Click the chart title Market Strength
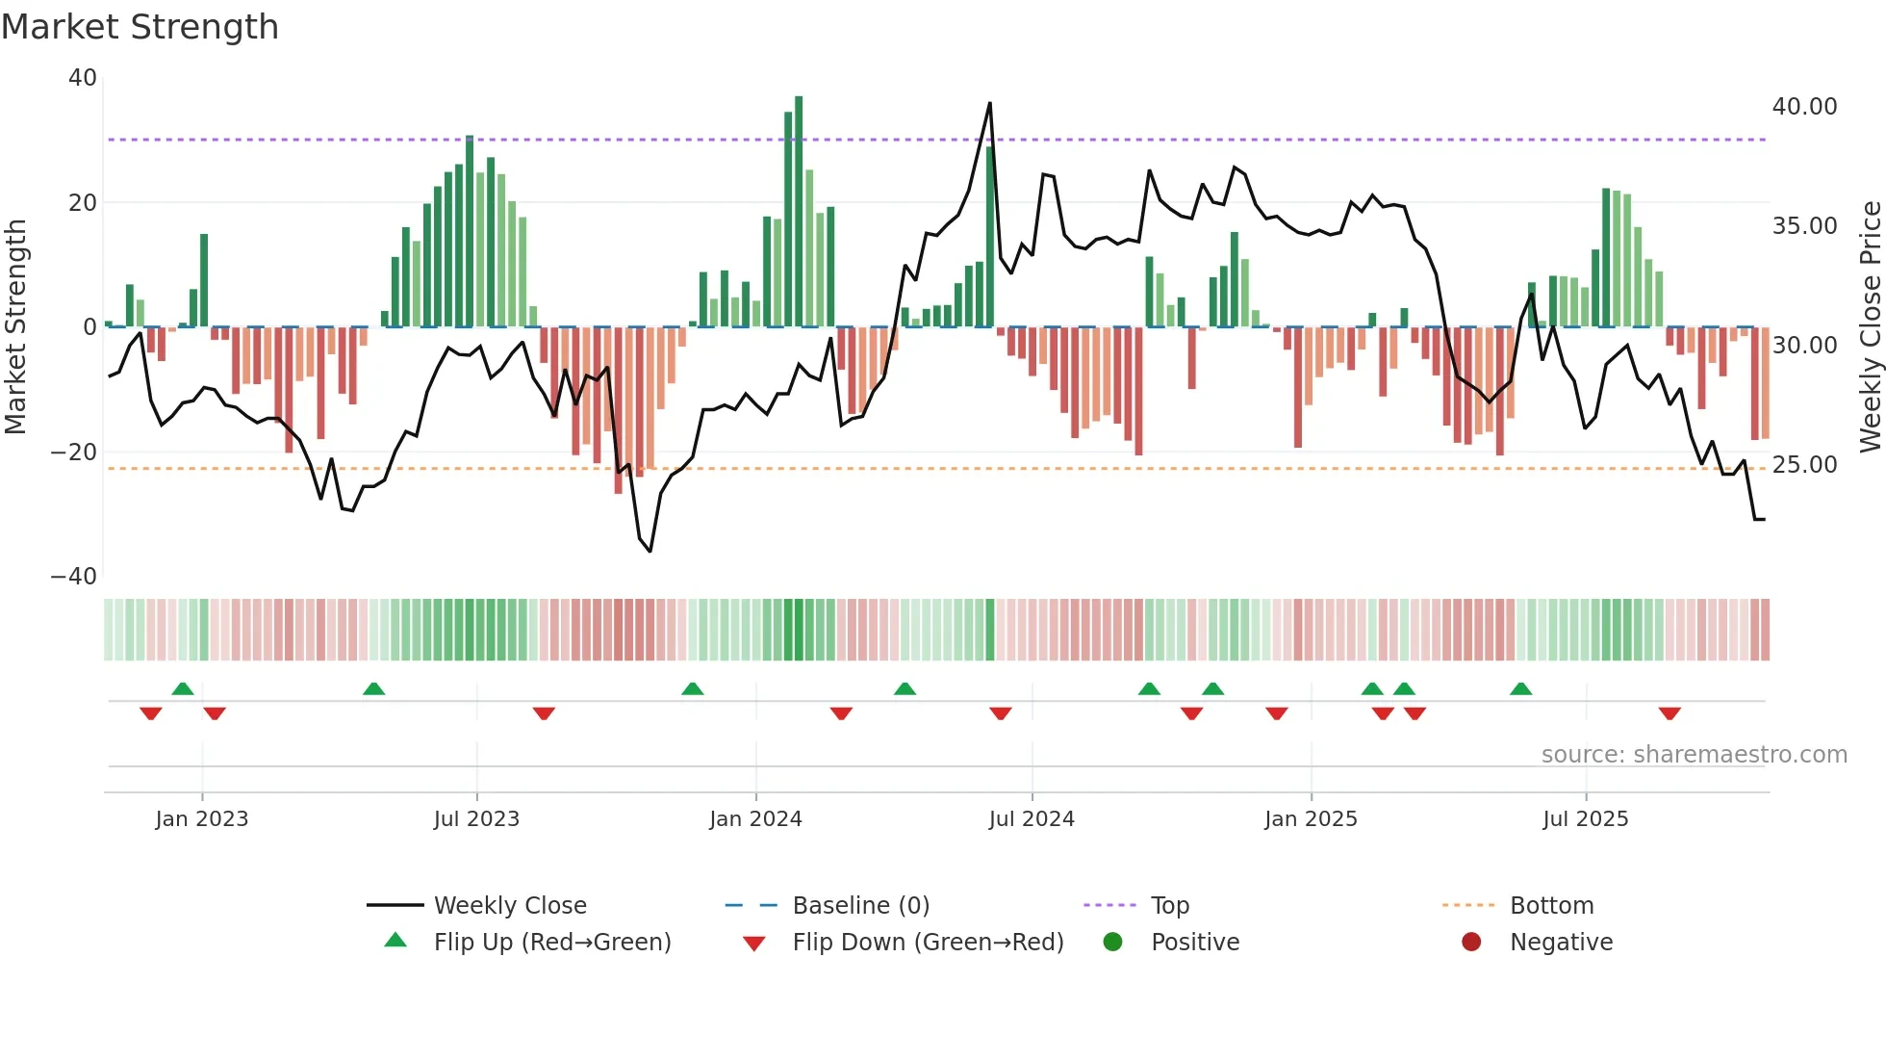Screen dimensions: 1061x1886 click(140, 27)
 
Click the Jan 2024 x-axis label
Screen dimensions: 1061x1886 click(755, 818)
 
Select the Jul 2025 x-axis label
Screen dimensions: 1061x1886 click(1585, 818)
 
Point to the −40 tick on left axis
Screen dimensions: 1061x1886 click(74, 577)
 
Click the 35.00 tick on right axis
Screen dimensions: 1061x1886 click(1804, 226)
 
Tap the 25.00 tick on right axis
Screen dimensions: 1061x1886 click(1804, 465)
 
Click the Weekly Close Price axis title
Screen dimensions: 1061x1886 click(1870, 327)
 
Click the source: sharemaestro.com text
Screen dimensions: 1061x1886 click(1694, 755)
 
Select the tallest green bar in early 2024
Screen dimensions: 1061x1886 click(799, 212)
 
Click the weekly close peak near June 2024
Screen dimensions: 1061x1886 click(990, 104)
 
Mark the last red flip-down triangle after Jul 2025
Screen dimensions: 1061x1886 click(1669, 713)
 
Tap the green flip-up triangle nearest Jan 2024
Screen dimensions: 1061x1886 click(692, 688)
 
